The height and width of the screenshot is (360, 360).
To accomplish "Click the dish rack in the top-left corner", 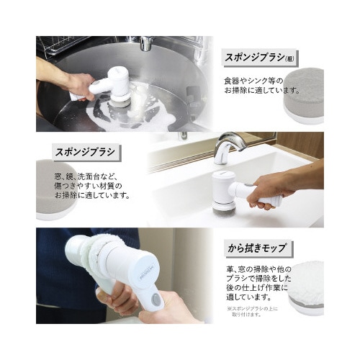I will pos(58,46).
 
